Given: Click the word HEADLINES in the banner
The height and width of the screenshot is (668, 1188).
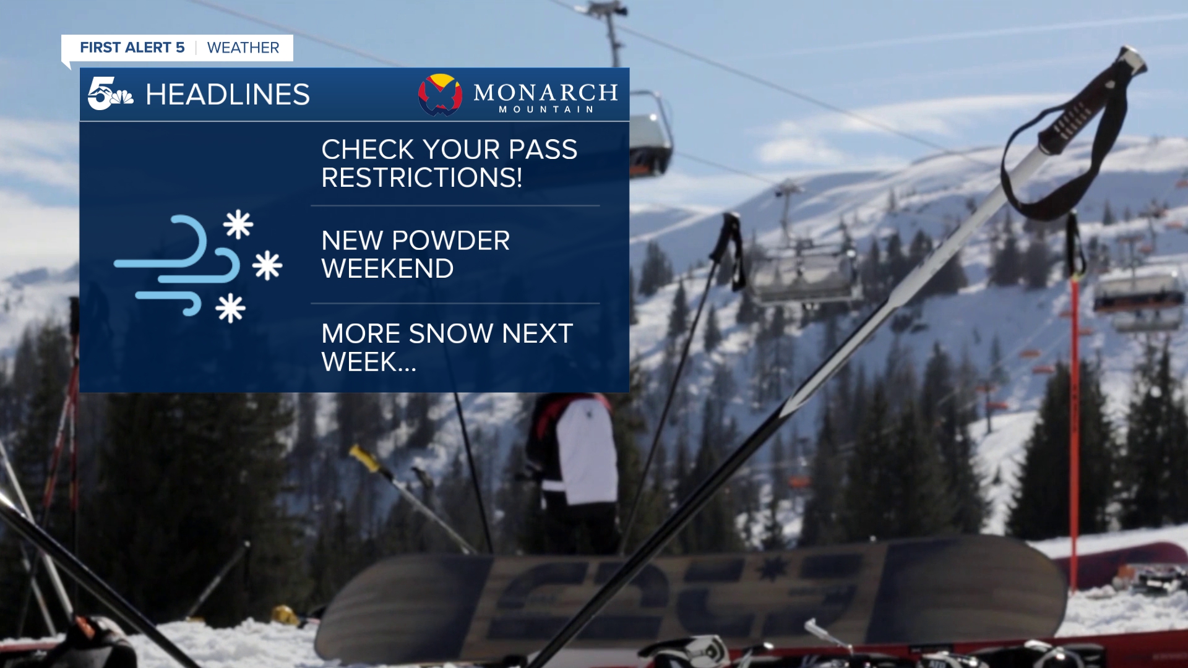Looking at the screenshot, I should pos(227,95).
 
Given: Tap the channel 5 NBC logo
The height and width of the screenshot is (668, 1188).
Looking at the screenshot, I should pos(110,95).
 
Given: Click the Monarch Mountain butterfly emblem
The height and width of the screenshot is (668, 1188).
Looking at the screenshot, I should pos(440,95).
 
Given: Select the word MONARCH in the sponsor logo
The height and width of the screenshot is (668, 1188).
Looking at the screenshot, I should pos(545,93).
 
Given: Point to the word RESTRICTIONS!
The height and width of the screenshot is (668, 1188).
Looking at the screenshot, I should pos(421,178).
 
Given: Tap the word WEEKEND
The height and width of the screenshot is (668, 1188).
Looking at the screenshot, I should pos(387,268).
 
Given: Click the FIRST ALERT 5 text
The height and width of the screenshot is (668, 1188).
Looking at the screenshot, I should pos(132,48).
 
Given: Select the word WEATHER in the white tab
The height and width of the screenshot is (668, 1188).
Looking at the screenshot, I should pos(243,48).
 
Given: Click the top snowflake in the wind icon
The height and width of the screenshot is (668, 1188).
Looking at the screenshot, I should pos(238,225).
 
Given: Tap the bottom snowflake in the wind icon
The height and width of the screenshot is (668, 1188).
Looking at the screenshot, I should pos(230,308).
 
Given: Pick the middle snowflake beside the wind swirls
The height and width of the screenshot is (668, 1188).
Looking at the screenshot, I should pos(267,266).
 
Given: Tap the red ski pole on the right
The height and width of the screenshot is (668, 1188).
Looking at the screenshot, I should pos(1075,402).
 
